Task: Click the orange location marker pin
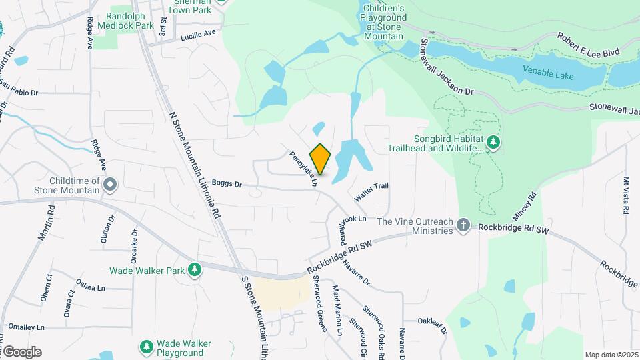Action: (321, 159)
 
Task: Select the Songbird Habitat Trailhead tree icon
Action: (493, 142)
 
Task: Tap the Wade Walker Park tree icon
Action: (194, 269)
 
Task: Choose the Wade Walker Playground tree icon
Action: (146, 347)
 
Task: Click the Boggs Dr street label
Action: (226, 183)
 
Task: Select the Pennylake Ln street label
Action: (302, 168)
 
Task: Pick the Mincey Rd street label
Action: (524, 207)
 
